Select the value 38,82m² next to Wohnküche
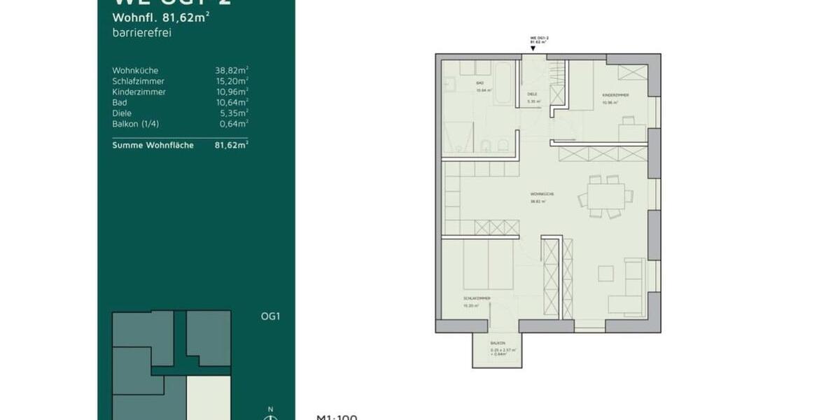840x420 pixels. pyautogui.click(x=232, y=71)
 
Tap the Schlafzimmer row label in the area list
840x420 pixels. pyautogui.click(x=138, y=81)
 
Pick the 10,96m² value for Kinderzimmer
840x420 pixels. pyautogui.click(x=232, y=92)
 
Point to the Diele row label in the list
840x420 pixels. pyautogui.click(x=122, y=113)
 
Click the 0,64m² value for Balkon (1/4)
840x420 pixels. pyautogui.click(x=233, y=124)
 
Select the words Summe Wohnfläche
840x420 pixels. pyautogui.click(x=153, y=145)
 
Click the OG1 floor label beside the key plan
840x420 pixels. pyautogui.click(x=270, y=316)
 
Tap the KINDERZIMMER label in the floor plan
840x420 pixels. pyautogui.click(x=615, y=94)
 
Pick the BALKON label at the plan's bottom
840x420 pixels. pyautogui.click(x=498, y=344)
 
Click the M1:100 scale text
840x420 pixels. pyautogui.click(x=337, y=417)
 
